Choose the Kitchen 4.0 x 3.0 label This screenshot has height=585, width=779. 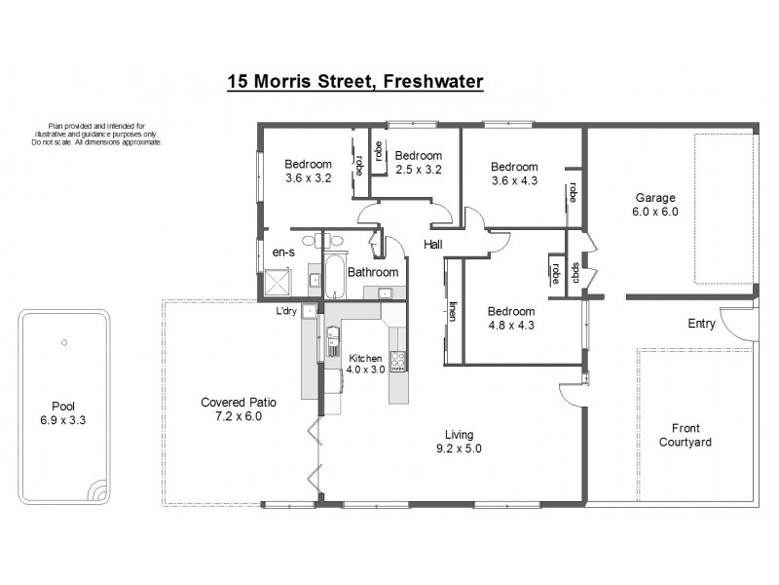pyautogui.click(x=365, y=365)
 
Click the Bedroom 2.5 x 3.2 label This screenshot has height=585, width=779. pyautogui.click(x=419, y=162)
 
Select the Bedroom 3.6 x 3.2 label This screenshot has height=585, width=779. pyautogui.click(x=309, y=171)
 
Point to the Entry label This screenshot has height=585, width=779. pyautogui.click(x=701, y=324)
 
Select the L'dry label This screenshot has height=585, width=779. pyautogui.click(x=286, y=310)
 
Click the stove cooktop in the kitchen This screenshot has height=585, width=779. pyautogui.click(x=397, y=362)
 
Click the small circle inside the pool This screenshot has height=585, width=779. pyautogui.click(x=63, y=342)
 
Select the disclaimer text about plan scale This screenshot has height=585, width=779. pyautogui.click(x=96, y=135)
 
